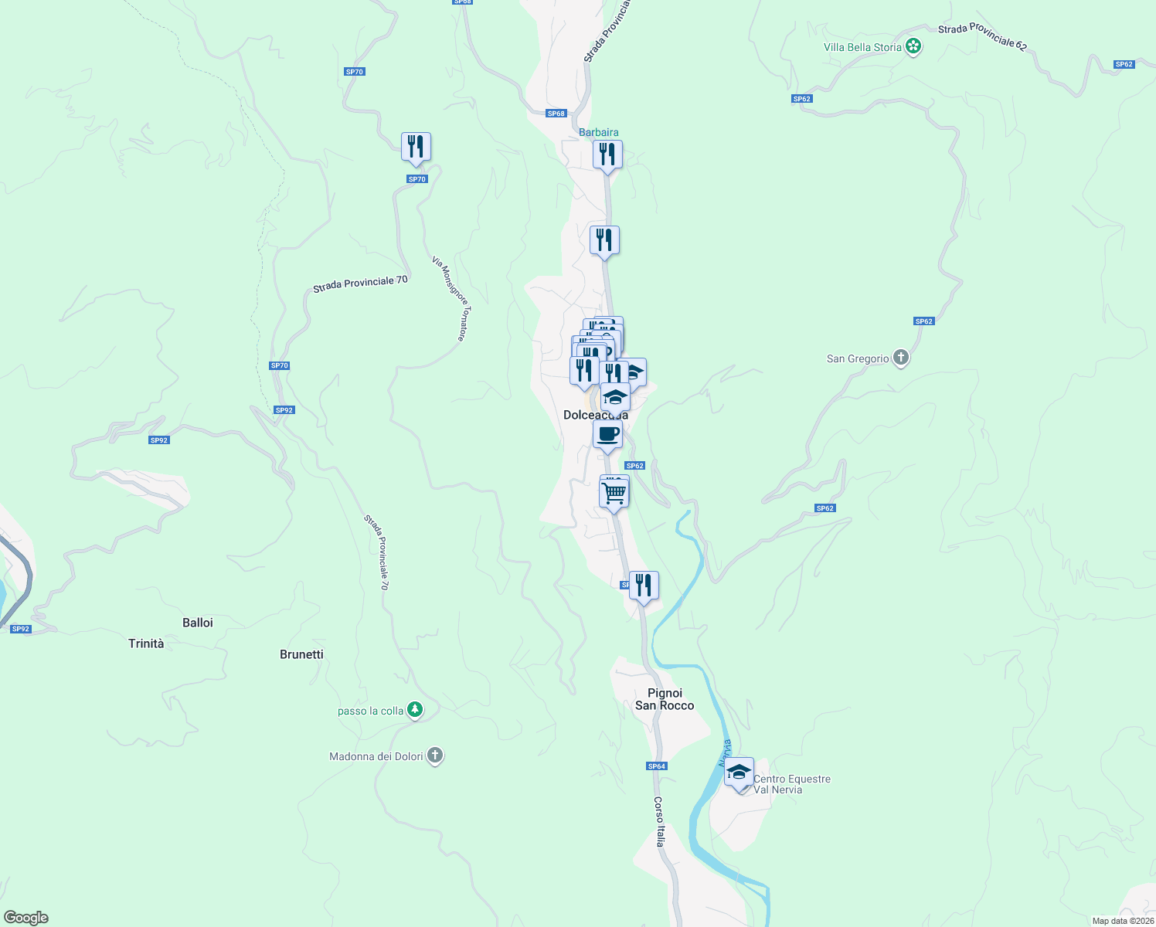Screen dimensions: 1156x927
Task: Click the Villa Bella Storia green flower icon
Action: (913, 46)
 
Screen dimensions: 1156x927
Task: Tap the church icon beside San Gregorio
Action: (900, 358)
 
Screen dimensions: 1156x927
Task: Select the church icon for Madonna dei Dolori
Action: (435, 756)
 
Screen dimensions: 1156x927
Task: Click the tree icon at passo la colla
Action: (415, 710)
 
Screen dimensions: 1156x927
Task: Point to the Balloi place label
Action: (198, 623)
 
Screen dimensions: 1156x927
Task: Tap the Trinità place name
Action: (146, 643)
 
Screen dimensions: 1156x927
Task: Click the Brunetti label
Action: (301, 654)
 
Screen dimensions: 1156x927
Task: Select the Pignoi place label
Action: (665, 693)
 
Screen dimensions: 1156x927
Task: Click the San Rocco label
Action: (665, 705)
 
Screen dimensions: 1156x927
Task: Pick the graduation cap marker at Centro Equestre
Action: (739, 772)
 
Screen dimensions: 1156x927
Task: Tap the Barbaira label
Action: (599, 132)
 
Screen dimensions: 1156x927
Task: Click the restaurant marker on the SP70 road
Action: (416, 146)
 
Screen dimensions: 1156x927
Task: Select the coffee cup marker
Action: (607, 434)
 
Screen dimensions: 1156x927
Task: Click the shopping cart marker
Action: (614, 492)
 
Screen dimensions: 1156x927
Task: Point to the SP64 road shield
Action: (657, 766)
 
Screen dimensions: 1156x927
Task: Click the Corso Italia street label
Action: (659, 822)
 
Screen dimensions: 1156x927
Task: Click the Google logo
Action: (26, 917)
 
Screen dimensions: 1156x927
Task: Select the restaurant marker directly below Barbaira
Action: (607, 154)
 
